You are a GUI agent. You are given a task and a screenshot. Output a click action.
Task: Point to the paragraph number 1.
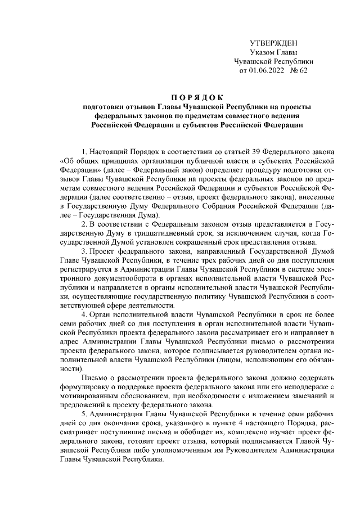click(84, 152)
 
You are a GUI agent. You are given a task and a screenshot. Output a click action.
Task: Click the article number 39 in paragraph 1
click(246, 152)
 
